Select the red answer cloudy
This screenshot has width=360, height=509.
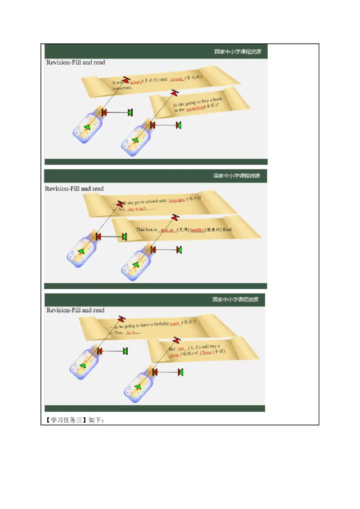click(176, 79)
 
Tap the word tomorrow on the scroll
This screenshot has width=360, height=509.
click(122, 88)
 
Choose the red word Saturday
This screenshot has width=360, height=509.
click(177, 201)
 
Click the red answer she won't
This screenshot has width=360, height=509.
click(137, 209)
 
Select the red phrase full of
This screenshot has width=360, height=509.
click(167, 230)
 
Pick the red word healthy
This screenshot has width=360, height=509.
click(197, 230)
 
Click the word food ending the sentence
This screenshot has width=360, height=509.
click(227, 229)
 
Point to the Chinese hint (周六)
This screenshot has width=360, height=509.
click(194, 199)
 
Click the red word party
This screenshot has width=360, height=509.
click(175, 323)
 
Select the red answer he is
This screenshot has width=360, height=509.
click(131, 332)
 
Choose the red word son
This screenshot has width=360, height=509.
click(181, 348)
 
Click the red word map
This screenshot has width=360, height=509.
click(175, 355)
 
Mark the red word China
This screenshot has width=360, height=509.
click(206, 353)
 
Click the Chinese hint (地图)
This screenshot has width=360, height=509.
click(187, 354)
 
